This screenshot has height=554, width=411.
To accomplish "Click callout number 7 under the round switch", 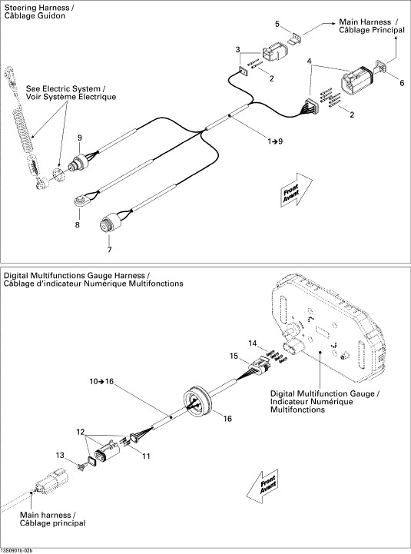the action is pos(110,250).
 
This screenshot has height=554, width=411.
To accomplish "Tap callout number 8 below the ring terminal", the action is pos(78,224).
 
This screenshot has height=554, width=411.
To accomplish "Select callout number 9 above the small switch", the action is pos(80,138).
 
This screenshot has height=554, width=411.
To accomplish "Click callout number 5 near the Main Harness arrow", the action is pos(277,24).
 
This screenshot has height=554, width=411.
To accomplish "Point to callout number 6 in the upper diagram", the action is pos(402,83).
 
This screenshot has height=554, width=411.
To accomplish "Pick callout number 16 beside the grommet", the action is pos(227,419).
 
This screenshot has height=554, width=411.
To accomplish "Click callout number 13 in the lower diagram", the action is pos(60,455).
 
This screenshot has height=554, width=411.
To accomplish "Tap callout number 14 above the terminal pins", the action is pos(252,343).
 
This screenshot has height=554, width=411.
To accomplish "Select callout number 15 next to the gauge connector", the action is pos(234,356).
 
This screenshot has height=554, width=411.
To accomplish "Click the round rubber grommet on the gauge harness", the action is pos(197,402).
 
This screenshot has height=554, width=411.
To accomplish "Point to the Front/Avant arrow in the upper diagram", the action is pos(297,190).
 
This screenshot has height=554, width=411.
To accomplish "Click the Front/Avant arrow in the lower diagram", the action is pos(262,486).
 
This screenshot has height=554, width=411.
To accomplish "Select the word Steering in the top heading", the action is pos(18,8).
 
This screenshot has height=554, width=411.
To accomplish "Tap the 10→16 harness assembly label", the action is pos(101,382).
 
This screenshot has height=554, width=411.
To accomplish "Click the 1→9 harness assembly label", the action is pos(275,141).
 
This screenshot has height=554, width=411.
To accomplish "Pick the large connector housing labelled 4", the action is pos(357,81).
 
